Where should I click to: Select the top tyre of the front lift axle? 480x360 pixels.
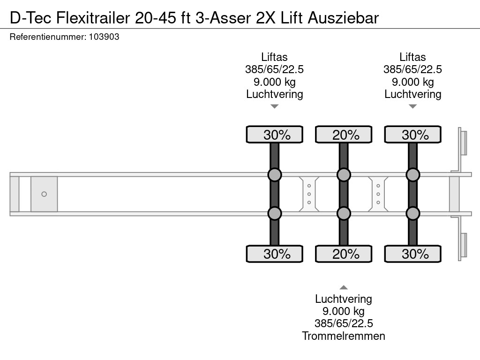[275, 135]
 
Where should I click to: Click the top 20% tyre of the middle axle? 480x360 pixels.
[344, 135]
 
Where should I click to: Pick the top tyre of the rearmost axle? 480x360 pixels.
[412, 135]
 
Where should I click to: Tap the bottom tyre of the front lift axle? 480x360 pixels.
[275, 254]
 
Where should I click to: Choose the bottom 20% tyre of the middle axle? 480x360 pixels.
[344, 254]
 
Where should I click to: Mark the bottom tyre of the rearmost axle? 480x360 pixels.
[412, 254]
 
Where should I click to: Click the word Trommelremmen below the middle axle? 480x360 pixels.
[344, 336]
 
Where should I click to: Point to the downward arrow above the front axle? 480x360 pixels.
[275, 106]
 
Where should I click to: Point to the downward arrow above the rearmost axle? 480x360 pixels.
[412, 106]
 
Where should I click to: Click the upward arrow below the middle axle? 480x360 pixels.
[344, 287]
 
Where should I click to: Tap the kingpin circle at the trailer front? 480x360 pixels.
[44, 194]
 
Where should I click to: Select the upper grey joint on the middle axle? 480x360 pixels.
[344, 175]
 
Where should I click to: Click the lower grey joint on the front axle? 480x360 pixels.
[275, 214]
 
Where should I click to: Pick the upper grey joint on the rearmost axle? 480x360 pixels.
[412, 175]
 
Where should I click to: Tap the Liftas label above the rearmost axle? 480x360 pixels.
[412, 57]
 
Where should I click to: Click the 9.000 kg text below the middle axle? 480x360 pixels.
[344, 311]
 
